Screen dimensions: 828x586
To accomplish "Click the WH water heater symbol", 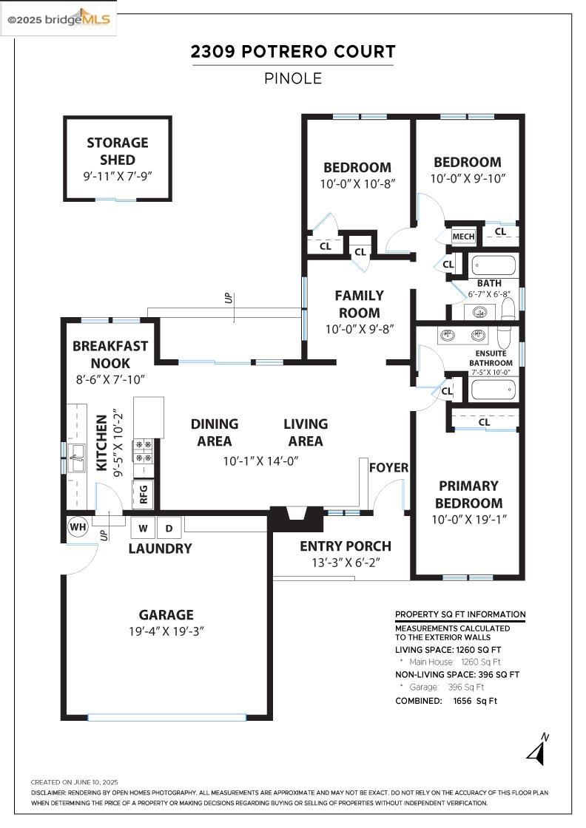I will coord(78,527).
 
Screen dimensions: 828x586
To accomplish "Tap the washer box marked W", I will coord(143,528).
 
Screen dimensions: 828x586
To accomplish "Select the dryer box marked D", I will coord(169,528).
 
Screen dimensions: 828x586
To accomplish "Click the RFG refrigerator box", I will coord(144,493).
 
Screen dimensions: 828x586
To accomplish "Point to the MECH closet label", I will coord(463,237).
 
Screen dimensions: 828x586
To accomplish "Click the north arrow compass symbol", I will coord(538,751).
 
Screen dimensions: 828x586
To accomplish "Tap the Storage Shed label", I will coord(118,151).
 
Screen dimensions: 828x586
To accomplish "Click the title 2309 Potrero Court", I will coord(293,52).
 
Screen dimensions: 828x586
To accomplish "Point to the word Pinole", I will coord(293,78).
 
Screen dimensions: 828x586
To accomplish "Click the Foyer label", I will coord(389,468).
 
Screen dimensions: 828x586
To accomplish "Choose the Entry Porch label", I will coord(346,546).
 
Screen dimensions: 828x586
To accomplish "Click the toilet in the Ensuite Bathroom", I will coord(504,338).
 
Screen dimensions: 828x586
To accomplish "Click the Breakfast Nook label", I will coord(110,354).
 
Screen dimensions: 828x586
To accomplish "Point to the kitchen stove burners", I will coord(143,451).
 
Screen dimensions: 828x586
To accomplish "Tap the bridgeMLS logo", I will coord(59,18).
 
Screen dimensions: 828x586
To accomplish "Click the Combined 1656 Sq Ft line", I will coord(446,700).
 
